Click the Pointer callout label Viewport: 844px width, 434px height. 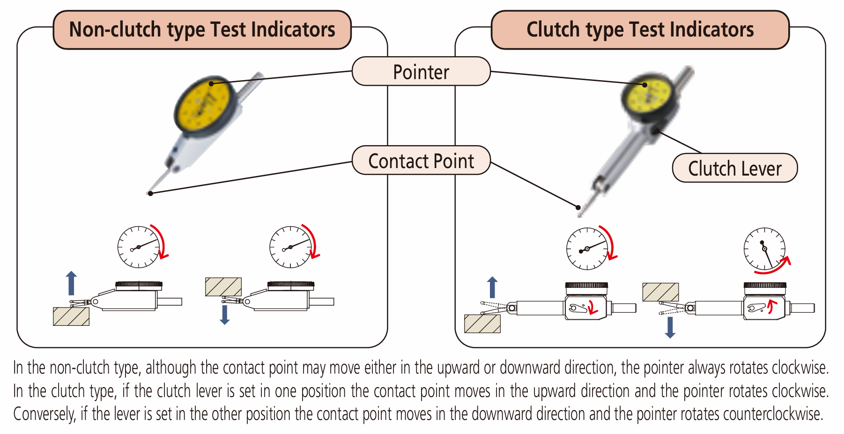[421, 72]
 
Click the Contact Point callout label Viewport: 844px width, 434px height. [421, 161]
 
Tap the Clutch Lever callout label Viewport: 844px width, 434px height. [734, 168]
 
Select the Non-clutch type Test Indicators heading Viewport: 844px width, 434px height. [202, 29]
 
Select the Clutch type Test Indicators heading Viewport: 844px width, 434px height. [640, 29]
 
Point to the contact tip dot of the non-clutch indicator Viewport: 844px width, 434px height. [150, 193]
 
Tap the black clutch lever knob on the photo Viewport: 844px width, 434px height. [657, 131]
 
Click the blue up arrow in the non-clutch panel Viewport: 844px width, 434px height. [71, 282]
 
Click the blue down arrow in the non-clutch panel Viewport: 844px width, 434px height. [225, 315]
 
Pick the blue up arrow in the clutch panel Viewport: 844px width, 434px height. [492, 287]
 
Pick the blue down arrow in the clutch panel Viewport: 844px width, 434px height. [670, 327]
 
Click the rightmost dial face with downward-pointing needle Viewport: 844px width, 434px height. [764, 248]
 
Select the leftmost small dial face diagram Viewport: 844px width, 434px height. [138, 247]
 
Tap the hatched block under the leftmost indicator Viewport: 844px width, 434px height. [71, 316]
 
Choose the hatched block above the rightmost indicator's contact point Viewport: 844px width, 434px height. [660, 292]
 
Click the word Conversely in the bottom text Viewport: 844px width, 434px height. [44, 414]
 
